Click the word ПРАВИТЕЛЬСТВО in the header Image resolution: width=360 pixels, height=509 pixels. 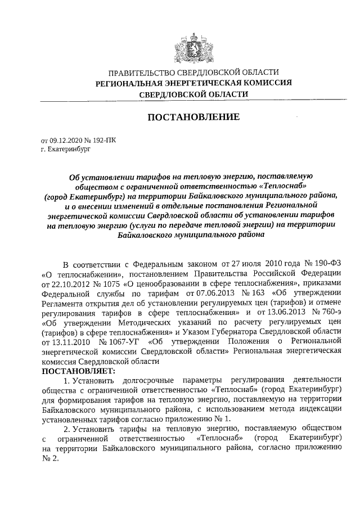coord(141,73)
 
